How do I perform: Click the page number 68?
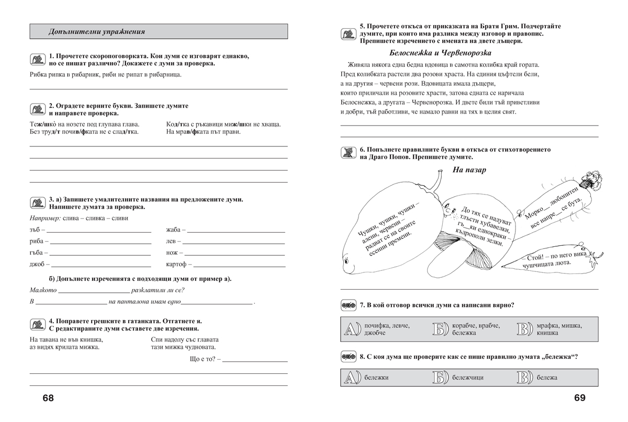click(48, 398)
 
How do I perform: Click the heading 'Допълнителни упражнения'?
click(96, 31)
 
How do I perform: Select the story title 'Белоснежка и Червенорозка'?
click(441, 53)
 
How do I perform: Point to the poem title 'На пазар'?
click(469, 170)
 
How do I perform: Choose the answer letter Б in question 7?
click(440, 329)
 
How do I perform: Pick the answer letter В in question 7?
click(524, 329)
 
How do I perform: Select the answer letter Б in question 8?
click(440, 377)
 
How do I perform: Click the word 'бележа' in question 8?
click(547, 378)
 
